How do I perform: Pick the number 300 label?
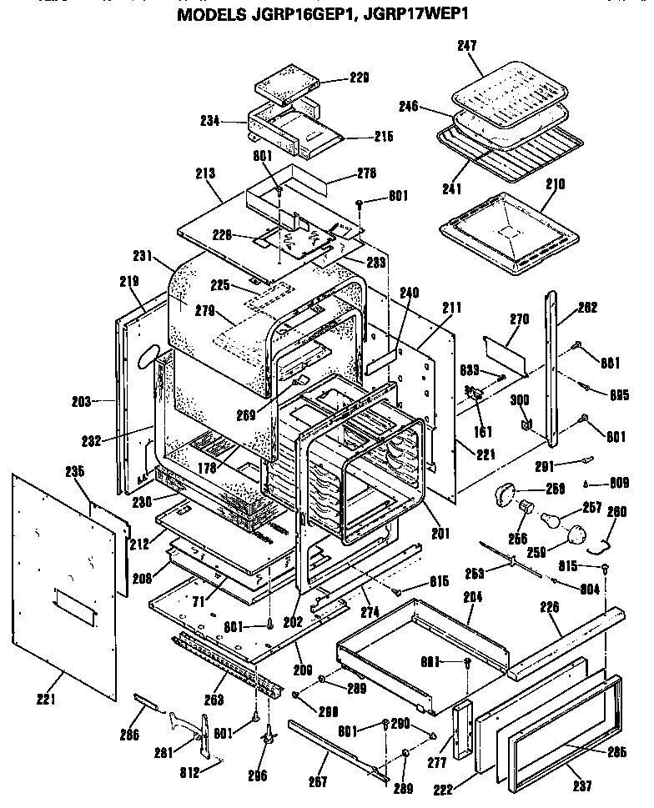click(519, 400)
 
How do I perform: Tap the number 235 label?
click(75, 471)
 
